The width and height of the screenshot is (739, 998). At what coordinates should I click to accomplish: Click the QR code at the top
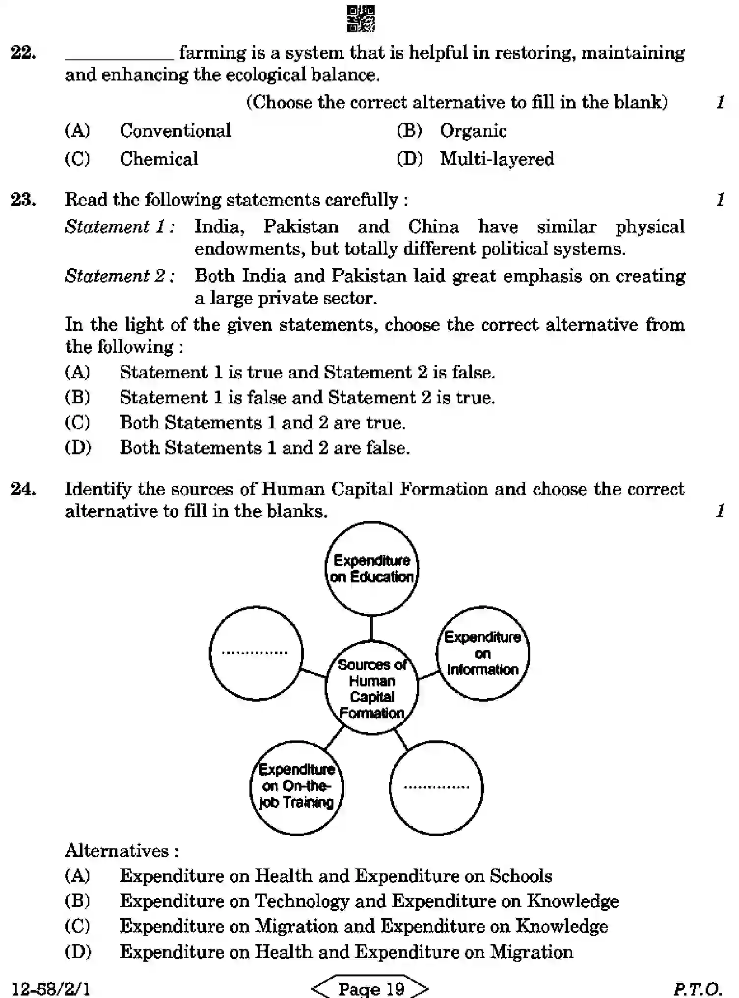pyautogui.click(x=361, y=19)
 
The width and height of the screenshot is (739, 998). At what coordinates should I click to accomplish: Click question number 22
pyautogui.click(x=23, y=53)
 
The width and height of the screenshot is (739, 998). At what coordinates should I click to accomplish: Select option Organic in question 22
pyautogui.click(x=472, y=131)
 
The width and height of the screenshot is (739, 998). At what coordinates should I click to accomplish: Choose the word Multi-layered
pyautogui.click(x=496, y=159)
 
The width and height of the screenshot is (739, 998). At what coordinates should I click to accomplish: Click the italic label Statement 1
pyautogui.click(x=119, y=227)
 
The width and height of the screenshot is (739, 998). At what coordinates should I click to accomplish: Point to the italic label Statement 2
pyautogui.click(x=119, y=276)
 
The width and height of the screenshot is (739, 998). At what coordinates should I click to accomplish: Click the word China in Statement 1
pyautogui.click(x=433, y=227)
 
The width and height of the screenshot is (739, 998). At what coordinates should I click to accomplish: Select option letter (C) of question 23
pyautogui.click(x=78, y=422)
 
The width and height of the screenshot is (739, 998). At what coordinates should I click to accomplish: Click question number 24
pyautogui.click(x=23, y=489)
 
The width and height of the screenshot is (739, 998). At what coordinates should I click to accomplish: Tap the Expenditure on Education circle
pyautogui.click(x=372, y=569)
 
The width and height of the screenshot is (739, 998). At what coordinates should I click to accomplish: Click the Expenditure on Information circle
pyautogui.click(x=483, y=654)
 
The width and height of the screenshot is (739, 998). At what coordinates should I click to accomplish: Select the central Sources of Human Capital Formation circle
pyautogui.click(x=372, y=688)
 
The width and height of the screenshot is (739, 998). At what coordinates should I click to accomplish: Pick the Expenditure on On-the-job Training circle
pyautogui.click(x=297, y=788)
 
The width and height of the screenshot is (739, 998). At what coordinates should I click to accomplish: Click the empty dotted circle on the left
pyautogui.click(x=256, y=654)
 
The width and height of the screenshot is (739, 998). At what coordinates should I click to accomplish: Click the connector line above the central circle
pyautogui.click(x=371, y=628)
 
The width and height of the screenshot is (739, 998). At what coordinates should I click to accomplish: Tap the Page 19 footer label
pyautogui.click(x=371, y=988)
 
